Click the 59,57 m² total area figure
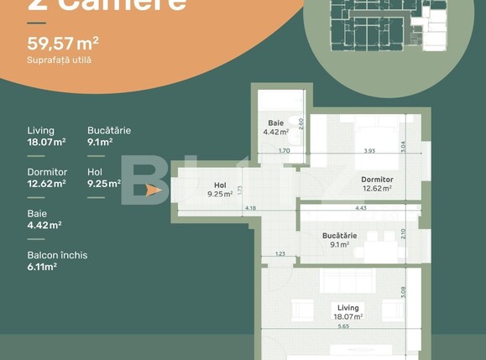(64, 43)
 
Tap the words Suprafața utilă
(60, 60)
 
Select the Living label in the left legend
(40, 131)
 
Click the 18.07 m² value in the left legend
(45, 142)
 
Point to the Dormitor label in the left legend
(47, 172)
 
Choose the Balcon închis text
(57, 255)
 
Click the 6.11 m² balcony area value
(42, 266)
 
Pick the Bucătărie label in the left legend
(109, 131)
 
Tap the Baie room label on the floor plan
(275, 123)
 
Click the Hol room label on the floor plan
(220, 185)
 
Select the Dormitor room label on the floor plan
(377, 180)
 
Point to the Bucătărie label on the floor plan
(339, 236)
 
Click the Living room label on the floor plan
(348, 308)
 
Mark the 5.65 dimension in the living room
(343, 326)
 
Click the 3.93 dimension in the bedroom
(368, 151)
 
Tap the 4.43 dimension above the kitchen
(360, 207)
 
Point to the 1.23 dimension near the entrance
(280, 253)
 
